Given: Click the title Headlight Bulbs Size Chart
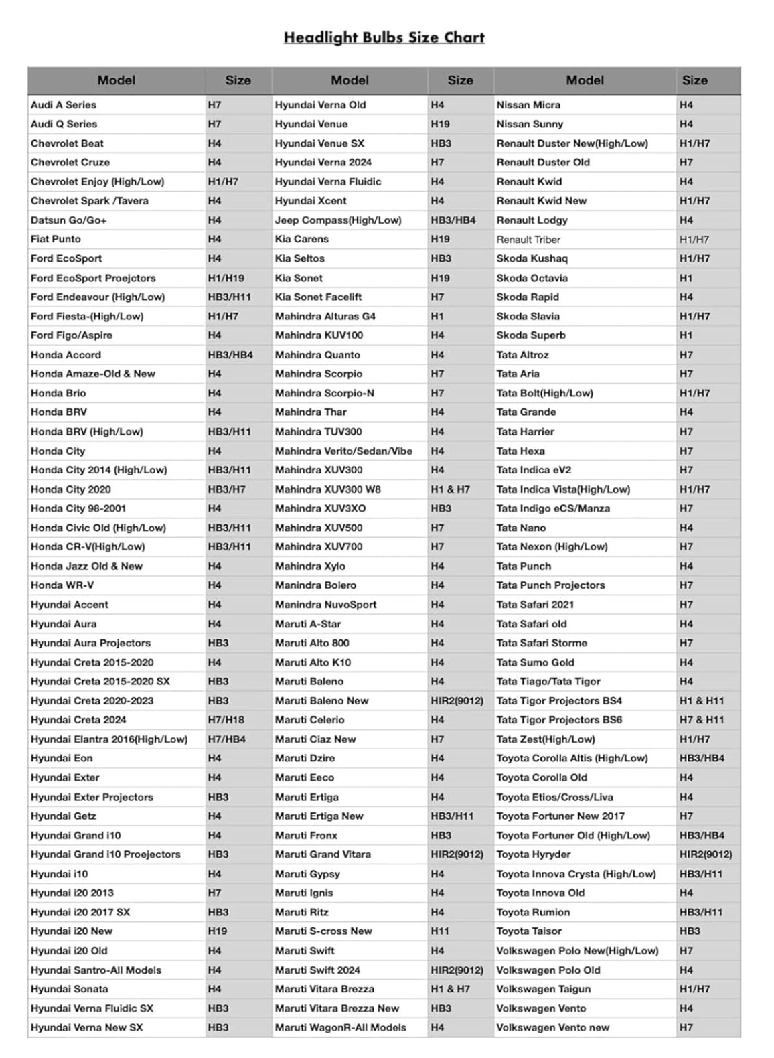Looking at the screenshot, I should (384, 37).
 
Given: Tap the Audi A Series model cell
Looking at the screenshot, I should (64, 105).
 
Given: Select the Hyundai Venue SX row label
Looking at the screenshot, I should (319, 143).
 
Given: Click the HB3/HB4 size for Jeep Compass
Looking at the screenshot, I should (453, 220).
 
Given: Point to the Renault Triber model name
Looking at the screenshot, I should (528, 240).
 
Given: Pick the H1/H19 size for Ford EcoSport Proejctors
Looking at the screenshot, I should (226, 278).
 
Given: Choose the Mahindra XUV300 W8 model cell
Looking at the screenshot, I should (327, 489).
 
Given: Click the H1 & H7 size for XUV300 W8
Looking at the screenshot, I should (450, 489).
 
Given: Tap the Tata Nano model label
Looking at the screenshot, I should (521, 528).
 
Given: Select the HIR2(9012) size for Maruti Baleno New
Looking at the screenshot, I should (457, 701).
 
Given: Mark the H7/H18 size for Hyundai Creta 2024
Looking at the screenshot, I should (226, 720).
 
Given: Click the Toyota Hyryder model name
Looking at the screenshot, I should (534, 854).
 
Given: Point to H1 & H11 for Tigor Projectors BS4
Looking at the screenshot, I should (701, 701).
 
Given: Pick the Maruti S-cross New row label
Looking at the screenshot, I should (323, 931).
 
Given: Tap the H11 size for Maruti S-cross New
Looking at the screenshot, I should (440, 931).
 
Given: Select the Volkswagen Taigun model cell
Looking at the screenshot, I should (543, 989).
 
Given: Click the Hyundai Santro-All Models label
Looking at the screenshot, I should (96, 970).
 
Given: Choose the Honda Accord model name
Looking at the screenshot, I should (66, 355).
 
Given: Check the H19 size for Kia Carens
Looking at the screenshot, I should (440, 239).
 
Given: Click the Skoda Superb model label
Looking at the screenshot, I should (531, 335).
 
